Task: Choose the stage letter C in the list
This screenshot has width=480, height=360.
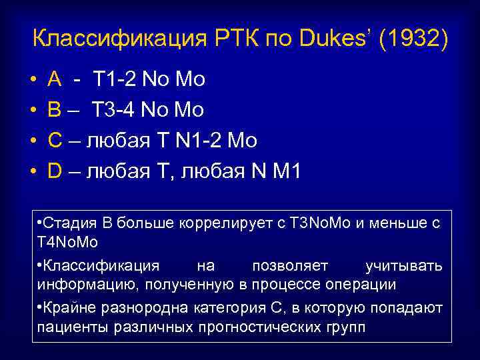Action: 55,141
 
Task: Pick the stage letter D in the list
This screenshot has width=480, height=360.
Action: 55,171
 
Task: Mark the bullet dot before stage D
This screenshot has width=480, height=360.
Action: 33,171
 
